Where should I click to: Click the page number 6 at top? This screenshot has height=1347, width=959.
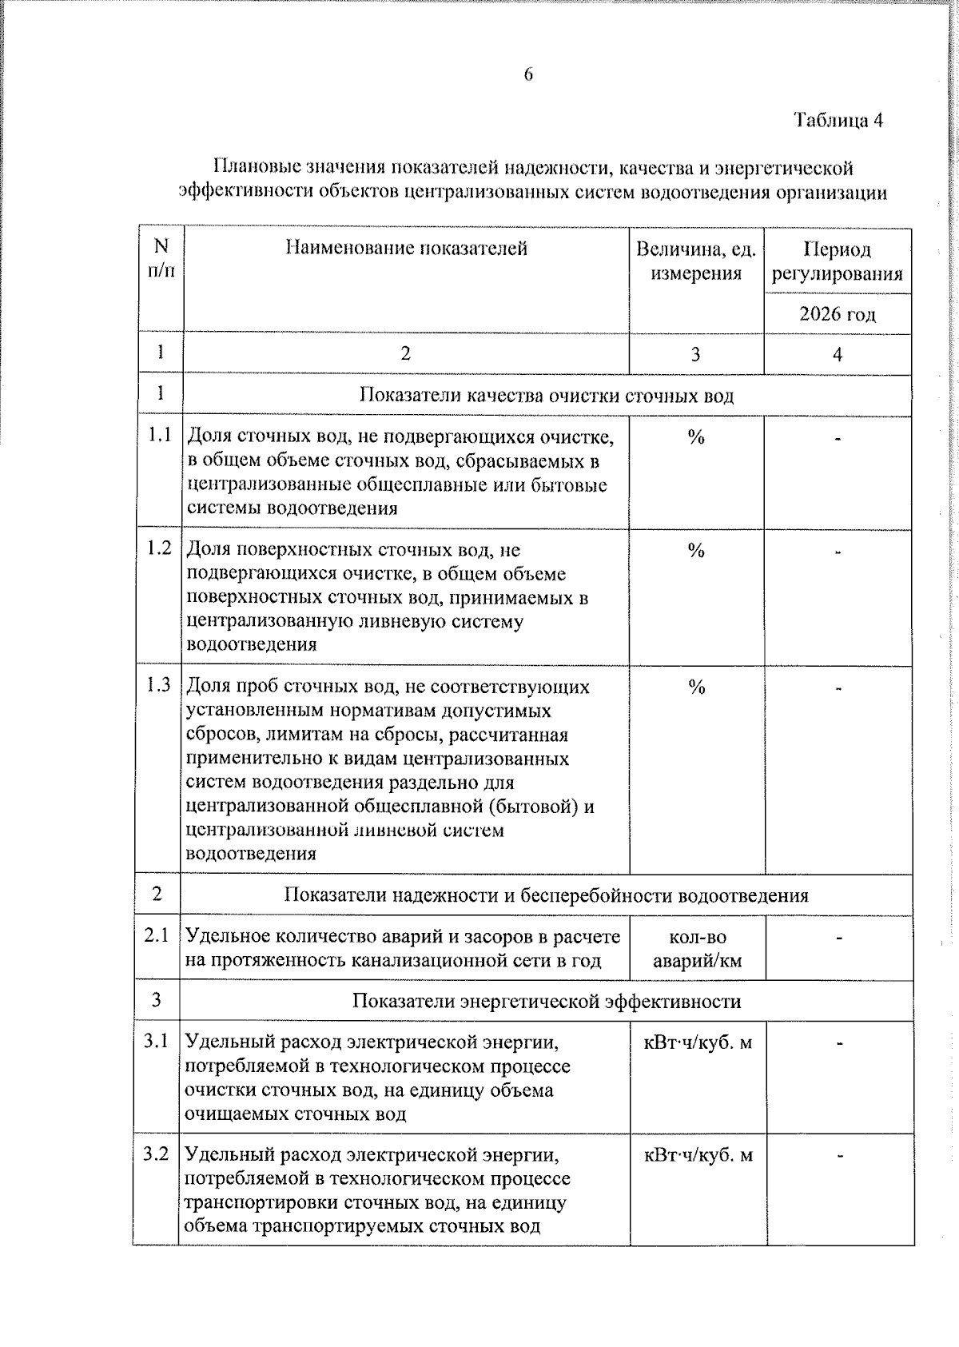[528, 75]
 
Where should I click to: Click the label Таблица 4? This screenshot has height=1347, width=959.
[838, 121]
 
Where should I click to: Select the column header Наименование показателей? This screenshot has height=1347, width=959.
[406, 249]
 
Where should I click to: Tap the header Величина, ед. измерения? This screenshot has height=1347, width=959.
[695, 261]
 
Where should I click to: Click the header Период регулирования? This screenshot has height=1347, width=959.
[837, 261]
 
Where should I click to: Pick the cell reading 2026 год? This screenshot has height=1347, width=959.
[837, 314]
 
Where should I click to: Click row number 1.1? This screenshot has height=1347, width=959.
[160, 436]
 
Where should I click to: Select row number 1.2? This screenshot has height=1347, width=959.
[160, 549]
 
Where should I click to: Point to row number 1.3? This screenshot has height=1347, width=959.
[159, 685]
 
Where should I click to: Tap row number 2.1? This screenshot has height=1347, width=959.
[157, 935]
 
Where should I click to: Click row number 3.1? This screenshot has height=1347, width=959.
[157, 1042]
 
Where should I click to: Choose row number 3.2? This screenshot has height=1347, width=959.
[157, 1154]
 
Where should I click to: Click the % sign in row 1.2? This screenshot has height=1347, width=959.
[696, 551]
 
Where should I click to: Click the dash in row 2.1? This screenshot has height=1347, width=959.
[838, 936]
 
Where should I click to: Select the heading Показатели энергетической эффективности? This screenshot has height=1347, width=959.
[547, 1002]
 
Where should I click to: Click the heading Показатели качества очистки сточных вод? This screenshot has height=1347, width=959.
[547, 396]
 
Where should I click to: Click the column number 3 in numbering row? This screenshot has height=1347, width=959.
[695, 354]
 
